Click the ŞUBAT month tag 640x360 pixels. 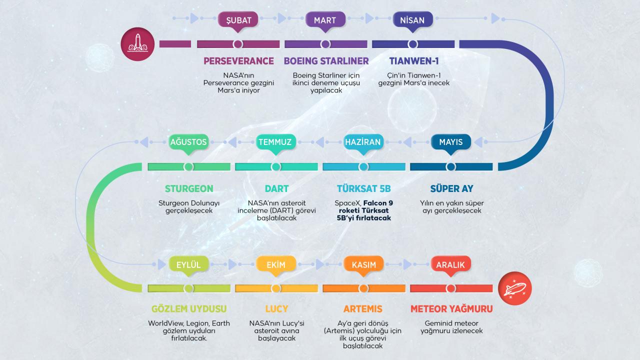(238, 20)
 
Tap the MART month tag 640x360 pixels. (325, 20)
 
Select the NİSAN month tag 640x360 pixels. (412, 20)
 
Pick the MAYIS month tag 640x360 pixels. (450, 142)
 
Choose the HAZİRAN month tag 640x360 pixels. (363, 142)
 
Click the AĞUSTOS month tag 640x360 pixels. (188, 142)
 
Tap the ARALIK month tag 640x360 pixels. (450, 265)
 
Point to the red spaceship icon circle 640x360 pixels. (514, 288)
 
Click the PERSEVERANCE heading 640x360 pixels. (238, 61)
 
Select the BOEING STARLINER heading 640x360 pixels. (326, 61)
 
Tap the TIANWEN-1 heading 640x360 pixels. (413, 61)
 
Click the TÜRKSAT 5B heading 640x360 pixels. (363, 189)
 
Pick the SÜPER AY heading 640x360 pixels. (451, 189)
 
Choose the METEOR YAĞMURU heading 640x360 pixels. (451, 309)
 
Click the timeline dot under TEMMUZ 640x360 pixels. (275, 166)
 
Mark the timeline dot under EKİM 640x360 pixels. (275, 288)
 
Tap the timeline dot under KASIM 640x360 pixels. (363, 288)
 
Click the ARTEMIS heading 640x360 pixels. (363, 309)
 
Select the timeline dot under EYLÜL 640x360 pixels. (188, 288)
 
